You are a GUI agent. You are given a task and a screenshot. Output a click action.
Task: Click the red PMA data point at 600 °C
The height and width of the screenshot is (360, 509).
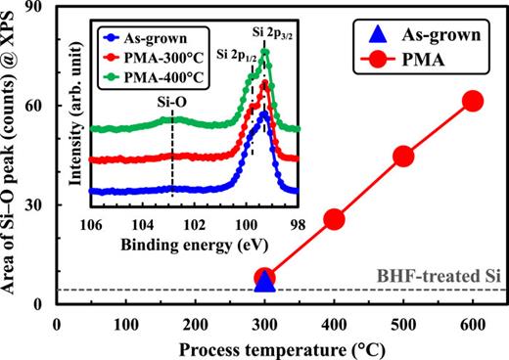(473, 101)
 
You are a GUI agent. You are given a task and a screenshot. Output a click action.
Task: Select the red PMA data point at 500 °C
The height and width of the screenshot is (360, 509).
(403, 156)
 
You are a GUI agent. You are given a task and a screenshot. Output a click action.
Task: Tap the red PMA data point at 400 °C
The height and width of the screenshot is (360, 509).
(334, 219)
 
